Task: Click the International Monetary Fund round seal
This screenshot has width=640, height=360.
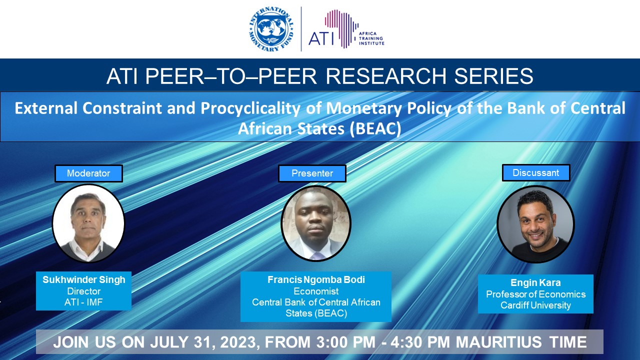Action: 271,29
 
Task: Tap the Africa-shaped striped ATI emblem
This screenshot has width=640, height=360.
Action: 341,28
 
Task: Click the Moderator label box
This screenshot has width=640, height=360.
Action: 88,173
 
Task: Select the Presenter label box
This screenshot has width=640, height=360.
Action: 312,173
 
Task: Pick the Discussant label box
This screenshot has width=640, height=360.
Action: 536,173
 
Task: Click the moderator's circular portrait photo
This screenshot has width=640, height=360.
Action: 88,223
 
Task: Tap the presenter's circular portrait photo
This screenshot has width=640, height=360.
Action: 316,223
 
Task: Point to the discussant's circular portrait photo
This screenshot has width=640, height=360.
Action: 535,224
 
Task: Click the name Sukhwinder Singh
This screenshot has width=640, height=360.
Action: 83,279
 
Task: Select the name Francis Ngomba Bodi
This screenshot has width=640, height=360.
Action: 316,279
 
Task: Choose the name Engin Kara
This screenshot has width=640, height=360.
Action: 535,282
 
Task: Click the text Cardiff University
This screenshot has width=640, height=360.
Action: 535,305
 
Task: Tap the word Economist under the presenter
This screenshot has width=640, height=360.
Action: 316,291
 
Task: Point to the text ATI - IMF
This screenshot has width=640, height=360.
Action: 83,302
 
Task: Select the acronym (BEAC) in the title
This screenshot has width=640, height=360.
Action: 375,128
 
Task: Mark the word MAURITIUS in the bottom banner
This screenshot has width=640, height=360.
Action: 499,342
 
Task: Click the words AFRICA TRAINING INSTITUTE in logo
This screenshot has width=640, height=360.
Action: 371,38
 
